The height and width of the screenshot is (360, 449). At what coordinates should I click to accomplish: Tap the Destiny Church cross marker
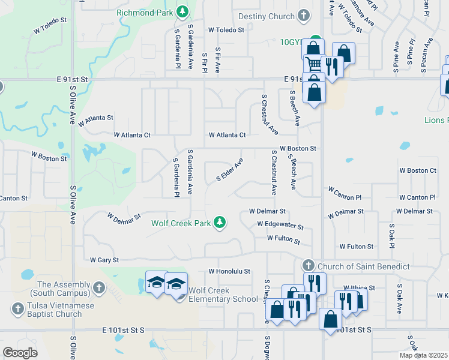[304, 16]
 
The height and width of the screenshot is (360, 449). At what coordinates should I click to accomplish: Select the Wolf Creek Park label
[181, 223]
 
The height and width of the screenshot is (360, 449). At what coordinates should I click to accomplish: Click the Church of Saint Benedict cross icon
[308, 265]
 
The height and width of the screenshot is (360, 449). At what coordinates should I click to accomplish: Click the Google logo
[20, 352]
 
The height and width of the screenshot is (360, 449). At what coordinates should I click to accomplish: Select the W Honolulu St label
[229, 271]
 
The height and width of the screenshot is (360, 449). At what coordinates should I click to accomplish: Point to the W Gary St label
[104, 260]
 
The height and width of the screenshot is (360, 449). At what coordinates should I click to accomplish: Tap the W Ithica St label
[359, 288]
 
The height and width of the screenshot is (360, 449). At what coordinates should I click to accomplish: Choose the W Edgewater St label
[280, 224]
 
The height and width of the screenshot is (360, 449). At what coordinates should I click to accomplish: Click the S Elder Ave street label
[229, 171]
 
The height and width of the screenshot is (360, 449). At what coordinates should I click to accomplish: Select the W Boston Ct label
[418, 170]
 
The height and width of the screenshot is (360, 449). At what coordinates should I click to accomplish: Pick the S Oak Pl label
[391, 236]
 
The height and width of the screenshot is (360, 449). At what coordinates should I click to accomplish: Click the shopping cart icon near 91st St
[313, 63]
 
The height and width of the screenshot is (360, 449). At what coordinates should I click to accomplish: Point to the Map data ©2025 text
[423, 355]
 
